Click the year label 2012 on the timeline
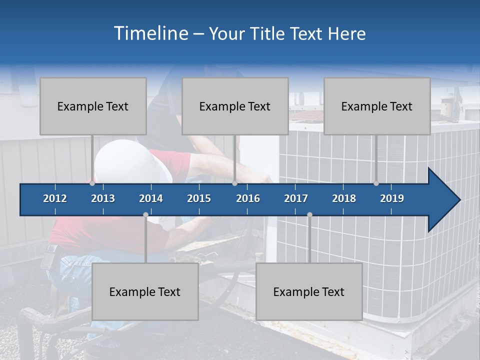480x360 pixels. pos(55,198)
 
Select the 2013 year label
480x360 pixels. pos(103,198)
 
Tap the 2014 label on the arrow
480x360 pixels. pos(151,198)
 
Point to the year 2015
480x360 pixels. pos(199,198)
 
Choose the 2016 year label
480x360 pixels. pos(248,198)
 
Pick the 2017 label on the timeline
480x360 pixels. pos(296,198)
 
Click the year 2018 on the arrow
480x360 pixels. pos(344,198)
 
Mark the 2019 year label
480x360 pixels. pos(392,198)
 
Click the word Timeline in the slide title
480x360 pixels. pos(150,33)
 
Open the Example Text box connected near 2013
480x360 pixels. pos(93,106)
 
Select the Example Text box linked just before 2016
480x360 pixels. pos(235,106)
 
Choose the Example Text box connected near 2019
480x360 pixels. pos(377,106)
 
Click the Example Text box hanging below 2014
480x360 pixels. pos(145,291)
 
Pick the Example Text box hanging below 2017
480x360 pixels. pos(309,291)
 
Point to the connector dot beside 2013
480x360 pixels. pos(92,183)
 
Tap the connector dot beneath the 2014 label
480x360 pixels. pos(145,214)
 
